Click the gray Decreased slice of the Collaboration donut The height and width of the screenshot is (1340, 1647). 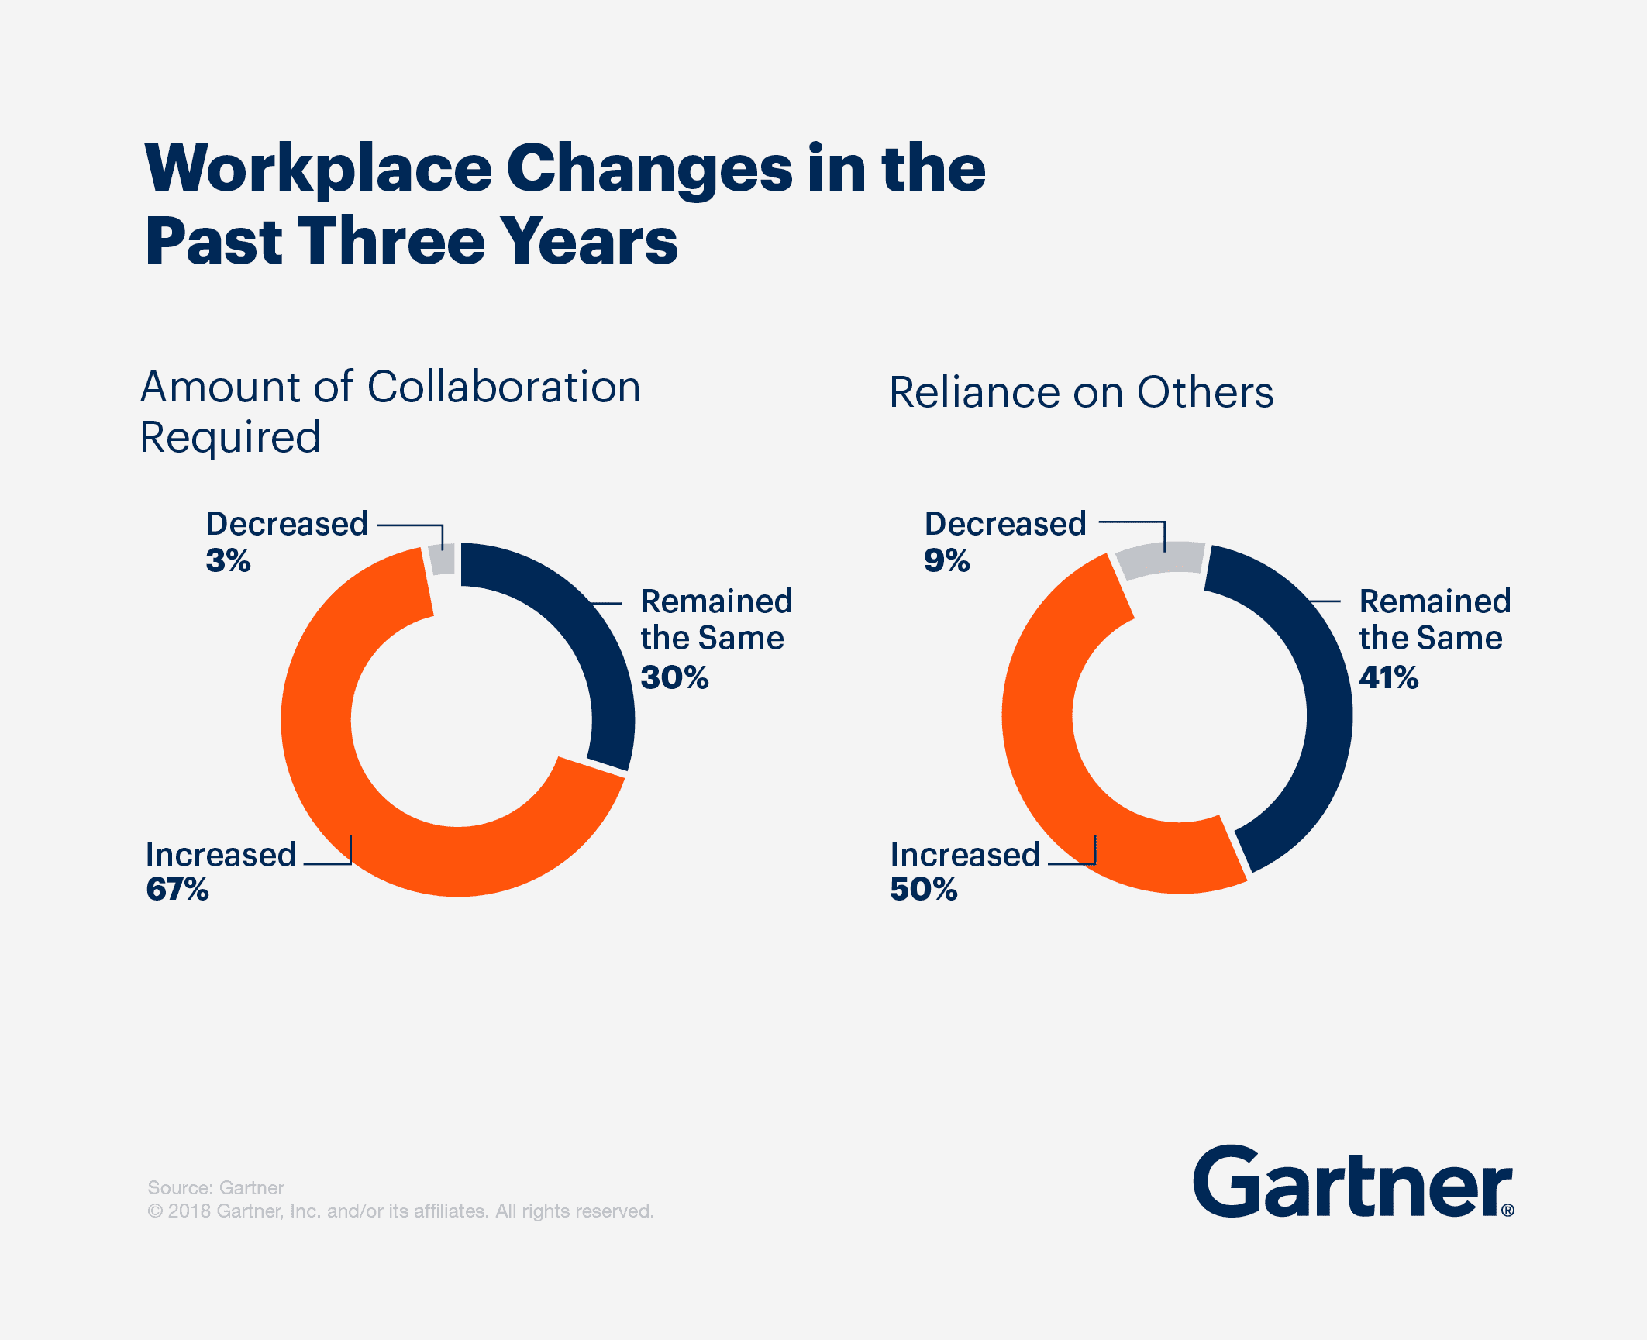(x=442, y=559)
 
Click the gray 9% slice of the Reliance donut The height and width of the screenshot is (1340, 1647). (x=1160, y=560)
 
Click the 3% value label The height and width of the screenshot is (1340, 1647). (x=228, y=560)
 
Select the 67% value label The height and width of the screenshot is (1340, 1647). (x=177, y=889)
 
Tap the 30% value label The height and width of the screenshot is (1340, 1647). (x=674, y=677)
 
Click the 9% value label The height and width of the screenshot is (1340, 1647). (x=946, y=560)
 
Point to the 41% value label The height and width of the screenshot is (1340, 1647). (x=1388, y=677)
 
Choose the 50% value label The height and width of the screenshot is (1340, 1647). (x=923, y=889)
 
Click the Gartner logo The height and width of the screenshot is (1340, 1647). (x=1352, y=1183)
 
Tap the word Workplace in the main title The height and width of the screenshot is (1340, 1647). (x=318, y=170)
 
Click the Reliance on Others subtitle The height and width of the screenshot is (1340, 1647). (x=1080, y=392)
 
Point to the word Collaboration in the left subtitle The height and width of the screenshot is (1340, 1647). (x=504, y=387)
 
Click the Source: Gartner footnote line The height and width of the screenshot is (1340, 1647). (x=215, y=1187)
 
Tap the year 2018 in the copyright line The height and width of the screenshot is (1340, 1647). (x=189, y=1211)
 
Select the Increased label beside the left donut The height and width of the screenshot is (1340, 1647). (x=221, y=855)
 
